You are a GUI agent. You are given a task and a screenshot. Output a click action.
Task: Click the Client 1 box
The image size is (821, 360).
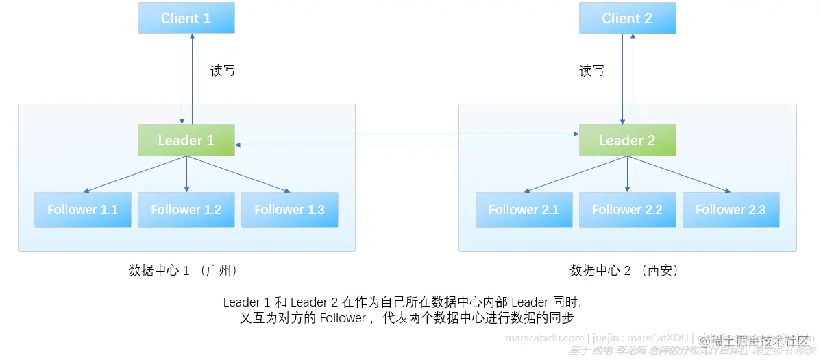click(x=186, y=18)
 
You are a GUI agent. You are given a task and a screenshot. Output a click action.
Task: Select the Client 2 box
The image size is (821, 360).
click(x=627, y=18)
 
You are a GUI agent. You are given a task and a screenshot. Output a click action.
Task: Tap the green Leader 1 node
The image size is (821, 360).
click(x=186, y=141)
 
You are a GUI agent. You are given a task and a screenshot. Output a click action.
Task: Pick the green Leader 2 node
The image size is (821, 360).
click(x=627, y=141)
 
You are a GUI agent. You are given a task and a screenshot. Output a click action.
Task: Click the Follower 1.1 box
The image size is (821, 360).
click(x=82, y=210)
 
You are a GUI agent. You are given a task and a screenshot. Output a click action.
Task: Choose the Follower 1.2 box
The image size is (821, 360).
click(x=186, y=210)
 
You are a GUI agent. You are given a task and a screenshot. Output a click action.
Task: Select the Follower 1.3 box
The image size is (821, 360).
click(x=289, y=210)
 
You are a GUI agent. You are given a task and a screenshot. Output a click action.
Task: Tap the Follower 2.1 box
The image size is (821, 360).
click(x=524, y=210)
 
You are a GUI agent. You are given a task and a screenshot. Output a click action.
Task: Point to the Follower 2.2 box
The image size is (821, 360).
click(x=627, y=210)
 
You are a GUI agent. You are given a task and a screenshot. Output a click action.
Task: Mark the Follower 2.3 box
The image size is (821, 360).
click(x=731, y=210)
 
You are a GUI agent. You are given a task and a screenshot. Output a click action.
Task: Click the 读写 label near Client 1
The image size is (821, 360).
click(x=222, y=71)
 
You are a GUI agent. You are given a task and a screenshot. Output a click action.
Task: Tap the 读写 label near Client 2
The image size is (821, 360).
click(x=591, y=71)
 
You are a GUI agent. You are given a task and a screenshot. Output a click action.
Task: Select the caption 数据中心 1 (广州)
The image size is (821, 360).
click(x=183, y=270)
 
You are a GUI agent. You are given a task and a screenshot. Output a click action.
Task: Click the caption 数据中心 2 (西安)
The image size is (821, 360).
click(x=624, y=270)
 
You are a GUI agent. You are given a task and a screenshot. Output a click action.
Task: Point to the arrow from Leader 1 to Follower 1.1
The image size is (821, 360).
click(x=134, y=174)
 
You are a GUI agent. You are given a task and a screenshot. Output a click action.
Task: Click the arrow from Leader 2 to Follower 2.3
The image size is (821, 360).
click(x=678, y=174)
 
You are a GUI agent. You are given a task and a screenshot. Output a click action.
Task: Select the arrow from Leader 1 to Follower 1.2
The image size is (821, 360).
click(x=186, y=174)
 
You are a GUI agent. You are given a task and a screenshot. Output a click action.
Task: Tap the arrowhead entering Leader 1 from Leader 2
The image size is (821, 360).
click(x=239, y=145)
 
